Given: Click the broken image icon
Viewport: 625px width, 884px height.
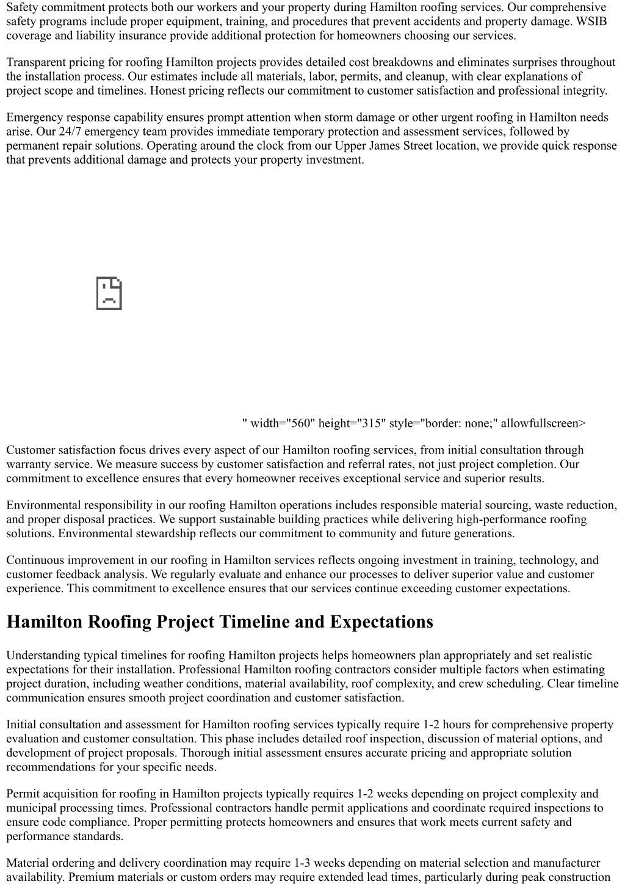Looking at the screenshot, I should coord(109,294).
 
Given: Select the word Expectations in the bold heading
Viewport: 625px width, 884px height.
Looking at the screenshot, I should coord(381,622).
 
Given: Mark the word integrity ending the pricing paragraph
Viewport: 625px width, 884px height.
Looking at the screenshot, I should coord(584,91).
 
